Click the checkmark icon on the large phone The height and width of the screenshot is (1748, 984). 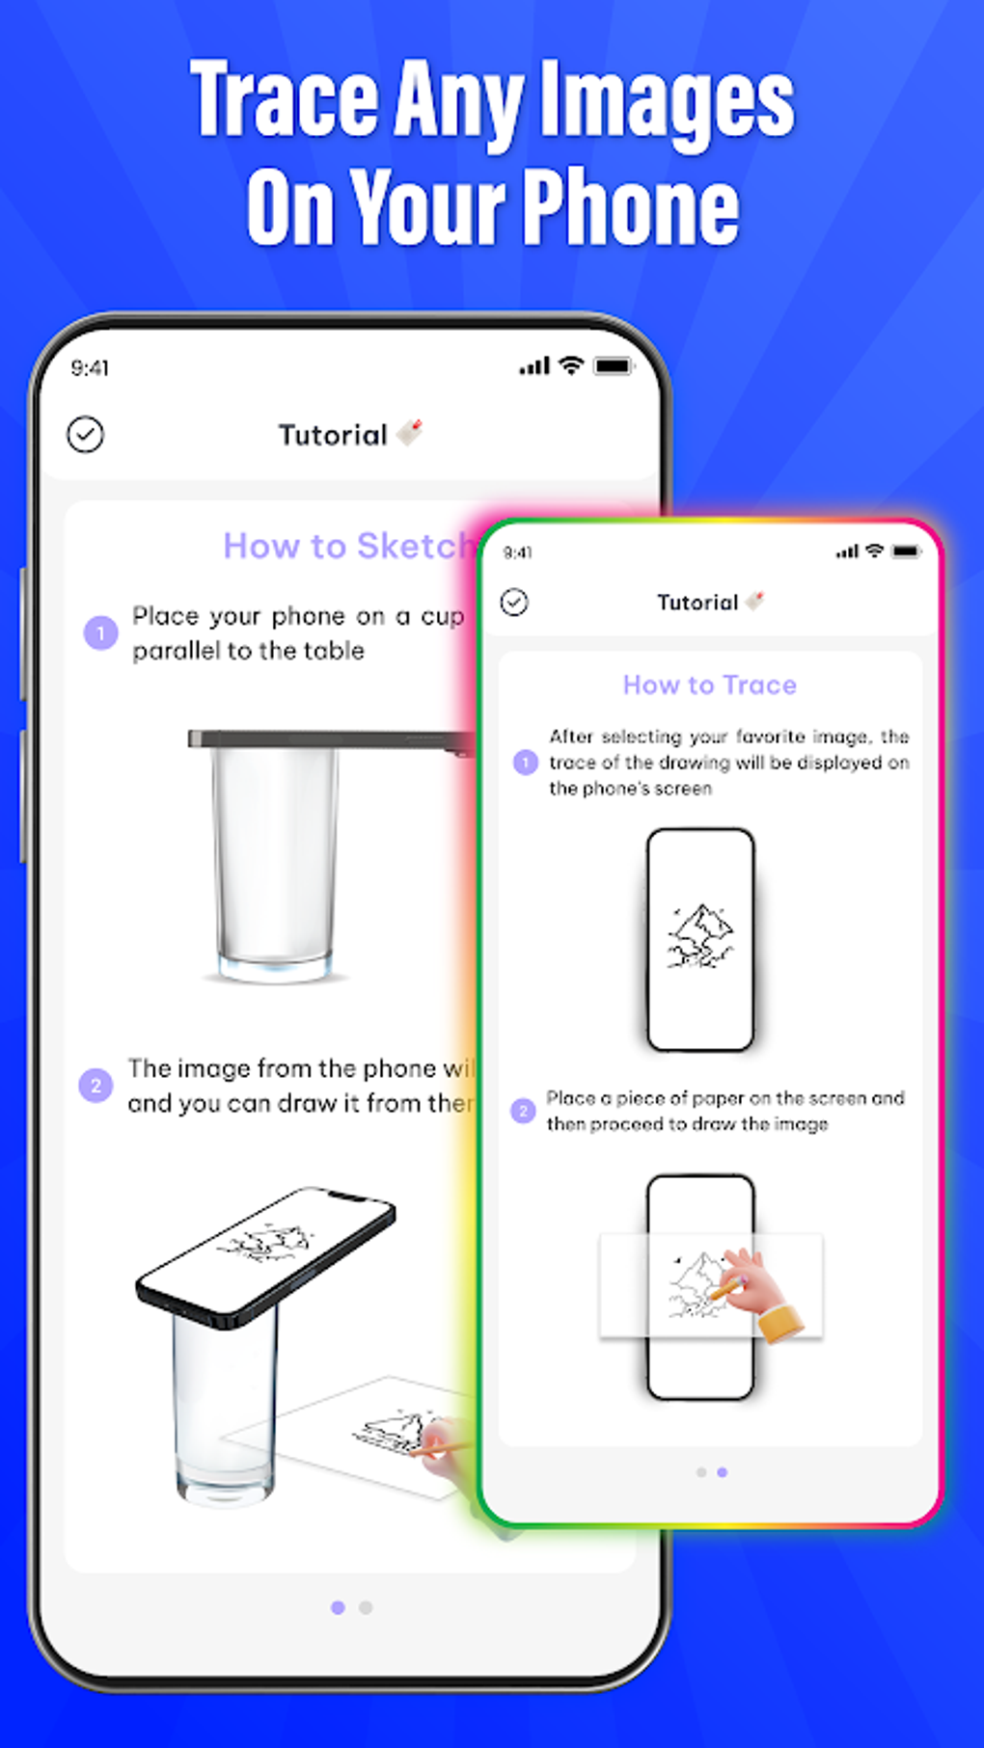point(85,435)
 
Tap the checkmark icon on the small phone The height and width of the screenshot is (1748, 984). point(514,603)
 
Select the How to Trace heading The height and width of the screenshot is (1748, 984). point(709,685)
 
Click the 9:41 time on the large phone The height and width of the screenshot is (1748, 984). point(90,368)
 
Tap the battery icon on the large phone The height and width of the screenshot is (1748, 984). point(613,366)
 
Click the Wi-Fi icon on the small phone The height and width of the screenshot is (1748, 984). point(874,551)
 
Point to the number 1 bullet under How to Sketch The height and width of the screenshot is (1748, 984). point(100,633)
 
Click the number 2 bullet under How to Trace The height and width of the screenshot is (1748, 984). point(523,1111)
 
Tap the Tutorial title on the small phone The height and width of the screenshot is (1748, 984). point(697,603)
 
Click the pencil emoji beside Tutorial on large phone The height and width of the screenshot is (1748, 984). point(410,433)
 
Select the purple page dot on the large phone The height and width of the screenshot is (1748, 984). point(338,1607)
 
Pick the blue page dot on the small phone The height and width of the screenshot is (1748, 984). point(723,1472)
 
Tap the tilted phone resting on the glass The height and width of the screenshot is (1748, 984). point(265,1253)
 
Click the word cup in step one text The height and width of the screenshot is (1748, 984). point(442,617)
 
